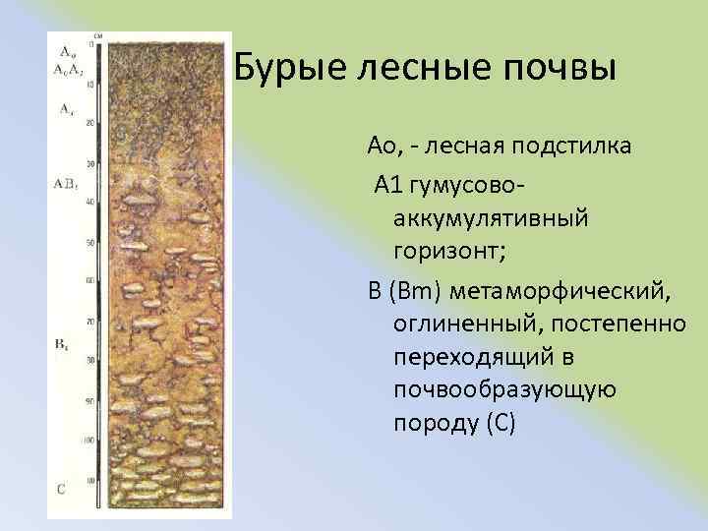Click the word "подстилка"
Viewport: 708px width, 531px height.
click(566, 147)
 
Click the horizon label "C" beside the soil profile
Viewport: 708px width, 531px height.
click(61, 488)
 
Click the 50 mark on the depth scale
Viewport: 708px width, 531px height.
click(90, 242)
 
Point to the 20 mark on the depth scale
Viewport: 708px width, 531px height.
click(90, 123)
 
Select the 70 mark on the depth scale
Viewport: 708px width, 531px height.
click(90, 322)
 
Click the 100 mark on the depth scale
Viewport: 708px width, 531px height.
click(89, 440)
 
